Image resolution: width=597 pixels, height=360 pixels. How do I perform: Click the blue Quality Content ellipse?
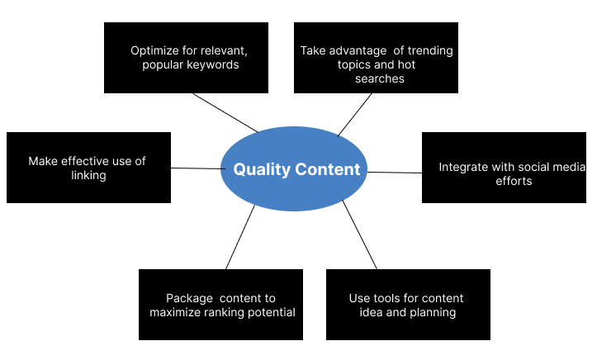[294, 168]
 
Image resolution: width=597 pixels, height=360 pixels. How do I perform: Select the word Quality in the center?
[262, 170]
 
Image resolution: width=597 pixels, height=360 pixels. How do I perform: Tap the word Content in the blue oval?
[328, 169]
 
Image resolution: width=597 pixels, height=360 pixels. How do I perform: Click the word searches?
[380, 78]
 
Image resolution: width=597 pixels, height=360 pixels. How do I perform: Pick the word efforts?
[514, 181]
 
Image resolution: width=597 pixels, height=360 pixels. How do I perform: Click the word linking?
[88, 175]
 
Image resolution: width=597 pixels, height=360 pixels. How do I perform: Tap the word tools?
[384, 298]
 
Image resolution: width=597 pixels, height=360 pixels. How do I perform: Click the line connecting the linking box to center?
[198, 168]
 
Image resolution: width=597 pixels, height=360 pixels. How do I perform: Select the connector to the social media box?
[395, 173]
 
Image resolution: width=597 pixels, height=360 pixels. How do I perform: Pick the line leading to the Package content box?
[240, 237]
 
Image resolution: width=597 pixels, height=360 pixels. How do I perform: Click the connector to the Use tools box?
[359, 234]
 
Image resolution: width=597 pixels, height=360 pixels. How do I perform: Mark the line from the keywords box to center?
[225, 112]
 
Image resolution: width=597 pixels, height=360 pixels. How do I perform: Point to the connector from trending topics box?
[354, 115]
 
